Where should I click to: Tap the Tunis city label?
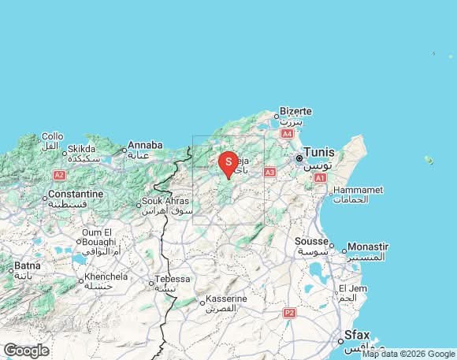point(318,152)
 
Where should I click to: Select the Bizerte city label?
point(296,112)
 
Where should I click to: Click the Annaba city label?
point(145,145)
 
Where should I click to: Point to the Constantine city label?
point(76,194)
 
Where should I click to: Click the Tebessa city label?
point(173,279)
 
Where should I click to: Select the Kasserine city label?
point(226,299)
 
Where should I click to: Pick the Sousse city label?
point(310,241)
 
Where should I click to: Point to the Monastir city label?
point(367,247)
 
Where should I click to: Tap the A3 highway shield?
point(270,172)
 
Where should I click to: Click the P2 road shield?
point(289,313)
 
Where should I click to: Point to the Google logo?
point(26,351)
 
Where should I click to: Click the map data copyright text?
point(408,354)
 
